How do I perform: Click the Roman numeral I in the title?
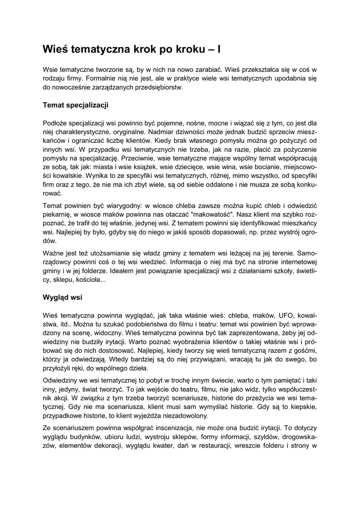(x=219, y=49)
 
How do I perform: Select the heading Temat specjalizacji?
(x=75, y=105)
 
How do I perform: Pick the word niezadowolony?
(x=182, y=416)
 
